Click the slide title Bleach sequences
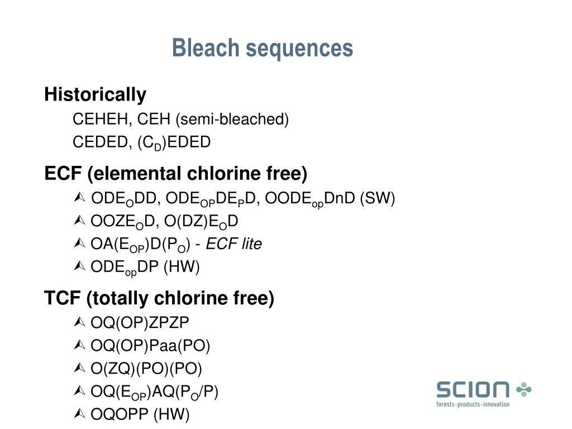263,49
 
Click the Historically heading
95,95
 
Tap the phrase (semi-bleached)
232,120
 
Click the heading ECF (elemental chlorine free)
176,174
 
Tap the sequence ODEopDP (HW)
145,268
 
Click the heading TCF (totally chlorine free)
159,299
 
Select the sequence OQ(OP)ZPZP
140,322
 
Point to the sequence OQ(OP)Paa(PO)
150,346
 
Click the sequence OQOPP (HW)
140,414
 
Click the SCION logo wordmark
473,389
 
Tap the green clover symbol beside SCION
524,389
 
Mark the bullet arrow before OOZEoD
79,222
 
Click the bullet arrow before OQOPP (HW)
79,414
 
